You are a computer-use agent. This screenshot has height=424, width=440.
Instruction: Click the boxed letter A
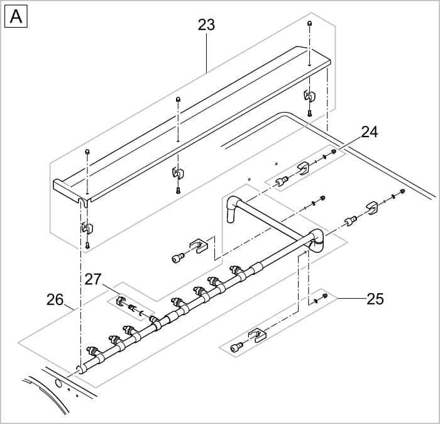pyautogui.click(x=16, y=17)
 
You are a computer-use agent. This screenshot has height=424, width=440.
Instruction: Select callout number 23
pyautogui.click(x=206, y=25)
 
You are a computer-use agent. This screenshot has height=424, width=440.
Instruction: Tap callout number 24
pyautogui.click(x=369, y=132)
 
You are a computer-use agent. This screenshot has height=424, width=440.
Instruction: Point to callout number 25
pyautogui.click(x=375, y=298)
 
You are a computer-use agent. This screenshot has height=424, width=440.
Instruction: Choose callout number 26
pyautogui.click(x=55, y=299)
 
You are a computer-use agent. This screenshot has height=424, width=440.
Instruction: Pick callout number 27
pyautogui.click(x=93, y=279)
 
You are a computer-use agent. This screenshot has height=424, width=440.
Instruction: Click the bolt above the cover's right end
pyautogui.click(x=309, y=23)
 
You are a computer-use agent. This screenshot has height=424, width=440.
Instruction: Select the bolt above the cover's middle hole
pyautogui.click(x=179, y=99)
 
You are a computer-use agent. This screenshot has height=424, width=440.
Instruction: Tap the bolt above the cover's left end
pyautogui.click(x=87, y=152)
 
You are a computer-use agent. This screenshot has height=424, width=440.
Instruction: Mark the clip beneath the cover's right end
pyautogui.click(x=309, y=96)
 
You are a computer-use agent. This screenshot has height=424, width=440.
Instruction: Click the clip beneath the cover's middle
pyautogui.click(x=178, y=172)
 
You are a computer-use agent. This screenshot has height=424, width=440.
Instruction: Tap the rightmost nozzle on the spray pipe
pyautogui.click(x=236, y=270)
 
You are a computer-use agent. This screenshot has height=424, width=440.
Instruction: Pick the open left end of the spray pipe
pyautogui.click(x=79, y=370)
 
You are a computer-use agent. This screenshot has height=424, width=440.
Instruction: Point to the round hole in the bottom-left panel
pyautogui.click(x=58, y=382)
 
